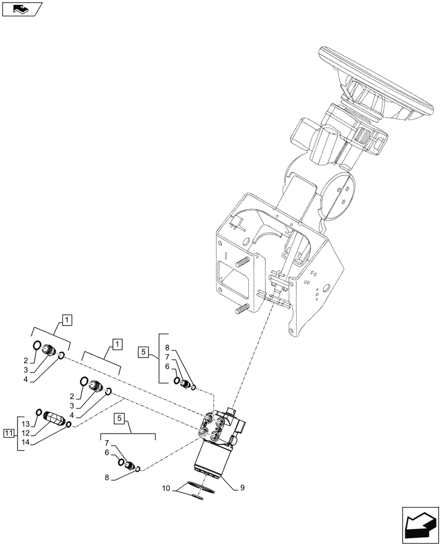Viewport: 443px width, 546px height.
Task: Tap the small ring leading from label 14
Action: pyautogui.click(x=69, y=425)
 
